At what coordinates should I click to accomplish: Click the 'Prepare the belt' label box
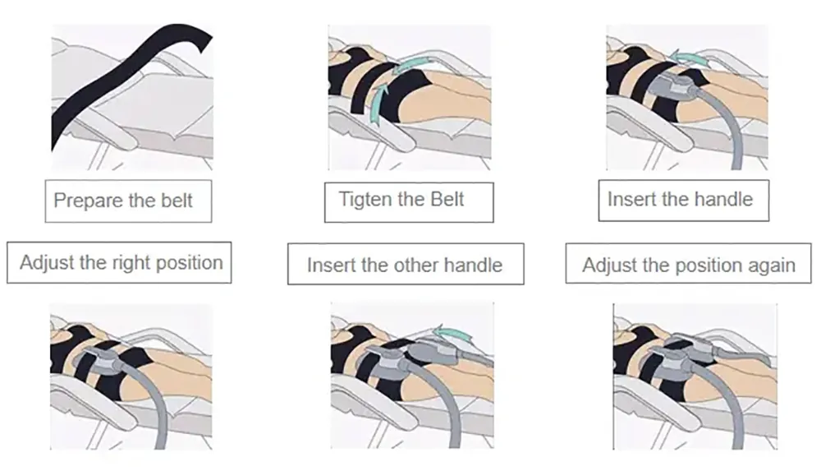[x=128, y=201]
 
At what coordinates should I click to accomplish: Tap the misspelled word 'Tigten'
[x=364, y=199]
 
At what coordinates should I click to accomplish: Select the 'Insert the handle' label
[x=684, y=201]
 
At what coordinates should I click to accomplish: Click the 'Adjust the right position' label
[x=119, y=262]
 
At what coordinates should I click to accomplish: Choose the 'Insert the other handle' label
[x=406, y=264]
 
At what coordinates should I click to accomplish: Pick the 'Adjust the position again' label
[x=689, y=263]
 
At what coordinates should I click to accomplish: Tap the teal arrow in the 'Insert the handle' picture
[x=688, y=58]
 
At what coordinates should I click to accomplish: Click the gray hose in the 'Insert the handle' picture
[x=727, y=128]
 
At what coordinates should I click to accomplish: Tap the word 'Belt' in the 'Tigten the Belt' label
[x=447, y=199]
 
